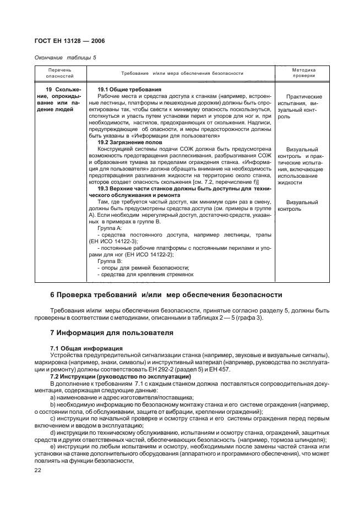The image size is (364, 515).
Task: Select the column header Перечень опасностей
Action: pyautogui.click(x=59, y=73)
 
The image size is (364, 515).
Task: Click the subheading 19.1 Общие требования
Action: pyautogui.click(x=129, y=89)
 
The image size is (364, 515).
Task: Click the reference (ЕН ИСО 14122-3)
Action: pyautogui.click(x=114, y=241)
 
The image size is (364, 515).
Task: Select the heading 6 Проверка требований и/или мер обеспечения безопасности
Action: pyautogui.click(x=166, y=294)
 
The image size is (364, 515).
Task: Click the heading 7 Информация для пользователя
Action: pyautogui.click(x=112, y=332)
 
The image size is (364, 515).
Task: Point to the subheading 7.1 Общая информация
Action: pyautogui.click(x=86, y=349)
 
